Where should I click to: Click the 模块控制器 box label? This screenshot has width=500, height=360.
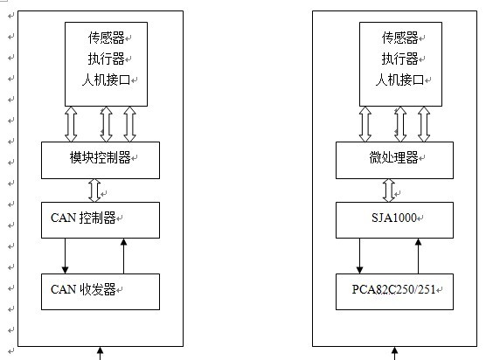tap(100, 157)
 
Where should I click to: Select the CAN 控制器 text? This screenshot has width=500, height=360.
tap(83, 218)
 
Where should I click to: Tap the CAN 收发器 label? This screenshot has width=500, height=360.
tap(83, 289)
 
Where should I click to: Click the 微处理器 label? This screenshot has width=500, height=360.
tap(393, 157)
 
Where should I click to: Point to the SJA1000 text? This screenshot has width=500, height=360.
tap(394, 218)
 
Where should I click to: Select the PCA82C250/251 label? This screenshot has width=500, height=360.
tap(393, 289)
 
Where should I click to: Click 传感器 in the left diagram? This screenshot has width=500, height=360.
tap(106, 38)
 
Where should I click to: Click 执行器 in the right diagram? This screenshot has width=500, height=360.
tap(399, 59)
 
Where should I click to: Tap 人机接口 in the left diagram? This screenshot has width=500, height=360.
tap(106, 80)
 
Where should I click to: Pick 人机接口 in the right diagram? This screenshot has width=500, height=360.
tap(399, 80)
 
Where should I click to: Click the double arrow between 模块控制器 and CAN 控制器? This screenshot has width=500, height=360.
tap(94, 190)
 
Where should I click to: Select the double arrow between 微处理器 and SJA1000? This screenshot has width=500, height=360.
tap(389, 190)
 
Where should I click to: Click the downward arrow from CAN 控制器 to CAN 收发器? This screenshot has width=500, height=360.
tap(65, 256)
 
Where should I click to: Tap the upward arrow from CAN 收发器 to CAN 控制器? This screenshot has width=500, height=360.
tap(124, 256)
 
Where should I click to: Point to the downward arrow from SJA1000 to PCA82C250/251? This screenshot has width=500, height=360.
tap(359, 256)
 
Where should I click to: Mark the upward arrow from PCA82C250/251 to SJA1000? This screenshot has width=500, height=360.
tap(419, 256)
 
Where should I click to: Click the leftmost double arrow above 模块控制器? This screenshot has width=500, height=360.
tap(71, 124)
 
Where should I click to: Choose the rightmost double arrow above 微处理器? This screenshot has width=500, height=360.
tap(424, 124)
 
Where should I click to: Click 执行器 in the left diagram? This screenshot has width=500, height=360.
tap(106, 59)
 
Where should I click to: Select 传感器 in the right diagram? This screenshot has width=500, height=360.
tap(399, 38)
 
